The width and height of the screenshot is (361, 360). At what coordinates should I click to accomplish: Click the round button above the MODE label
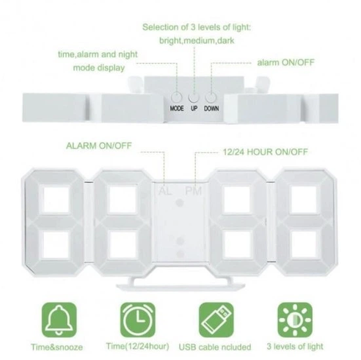pos(177,98)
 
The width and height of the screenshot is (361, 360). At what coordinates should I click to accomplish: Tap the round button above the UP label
pos(194,98)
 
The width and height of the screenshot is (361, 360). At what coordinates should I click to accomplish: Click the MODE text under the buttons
pos(177,108)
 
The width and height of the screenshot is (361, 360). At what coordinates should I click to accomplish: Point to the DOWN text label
pos(211,108)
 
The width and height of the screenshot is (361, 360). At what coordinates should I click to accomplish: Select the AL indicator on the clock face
pos(165,191)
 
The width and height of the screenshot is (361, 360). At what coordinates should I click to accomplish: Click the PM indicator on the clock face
pos(194,191)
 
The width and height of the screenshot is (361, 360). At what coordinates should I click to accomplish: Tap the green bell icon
pos(59,320)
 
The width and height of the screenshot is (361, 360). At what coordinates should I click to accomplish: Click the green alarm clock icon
pos(138,320)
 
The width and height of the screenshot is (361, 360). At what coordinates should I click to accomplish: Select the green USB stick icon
pos(216,320)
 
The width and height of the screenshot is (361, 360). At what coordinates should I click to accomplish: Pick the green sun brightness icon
pos(295,320)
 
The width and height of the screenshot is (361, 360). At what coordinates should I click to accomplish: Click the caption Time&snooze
pos(56,347)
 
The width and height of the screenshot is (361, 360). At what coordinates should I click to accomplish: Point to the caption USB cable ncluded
pos(215,347)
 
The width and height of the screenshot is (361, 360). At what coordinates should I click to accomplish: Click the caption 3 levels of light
pos(295,347)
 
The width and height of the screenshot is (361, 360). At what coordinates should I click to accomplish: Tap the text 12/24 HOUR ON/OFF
pos(265,152)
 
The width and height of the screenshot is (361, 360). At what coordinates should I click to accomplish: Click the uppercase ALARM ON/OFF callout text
pos(99,145)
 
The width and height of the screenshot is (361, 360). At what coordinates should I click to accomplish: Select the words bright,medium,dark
pos(197,40)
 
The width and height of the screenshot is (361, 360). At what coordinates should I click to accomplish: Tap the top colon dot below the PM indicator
pos(180,203)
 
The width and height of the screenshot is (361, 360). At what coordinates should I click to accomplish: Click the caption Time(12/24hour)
pos(138,346)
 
